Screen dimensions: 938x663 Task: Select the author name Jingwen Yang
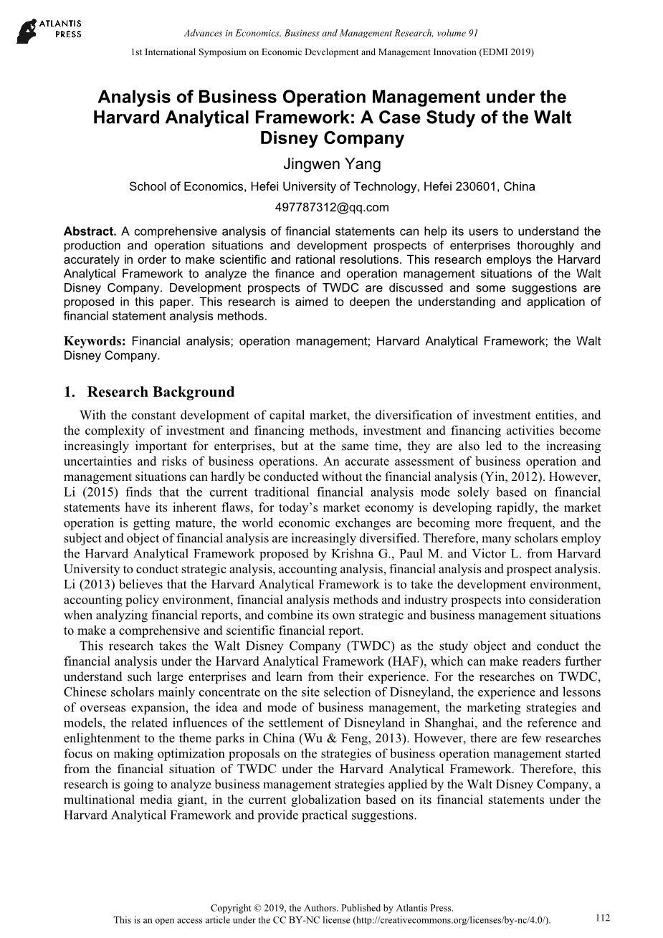[x=332, y=164]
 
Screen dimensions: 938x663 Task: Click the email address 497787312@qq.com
[x=332, y=208]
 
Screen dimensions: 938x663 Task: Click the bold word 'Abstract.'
[x=90, y=231]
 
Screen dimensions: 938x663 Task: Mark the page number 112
[x=602, y=918]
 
